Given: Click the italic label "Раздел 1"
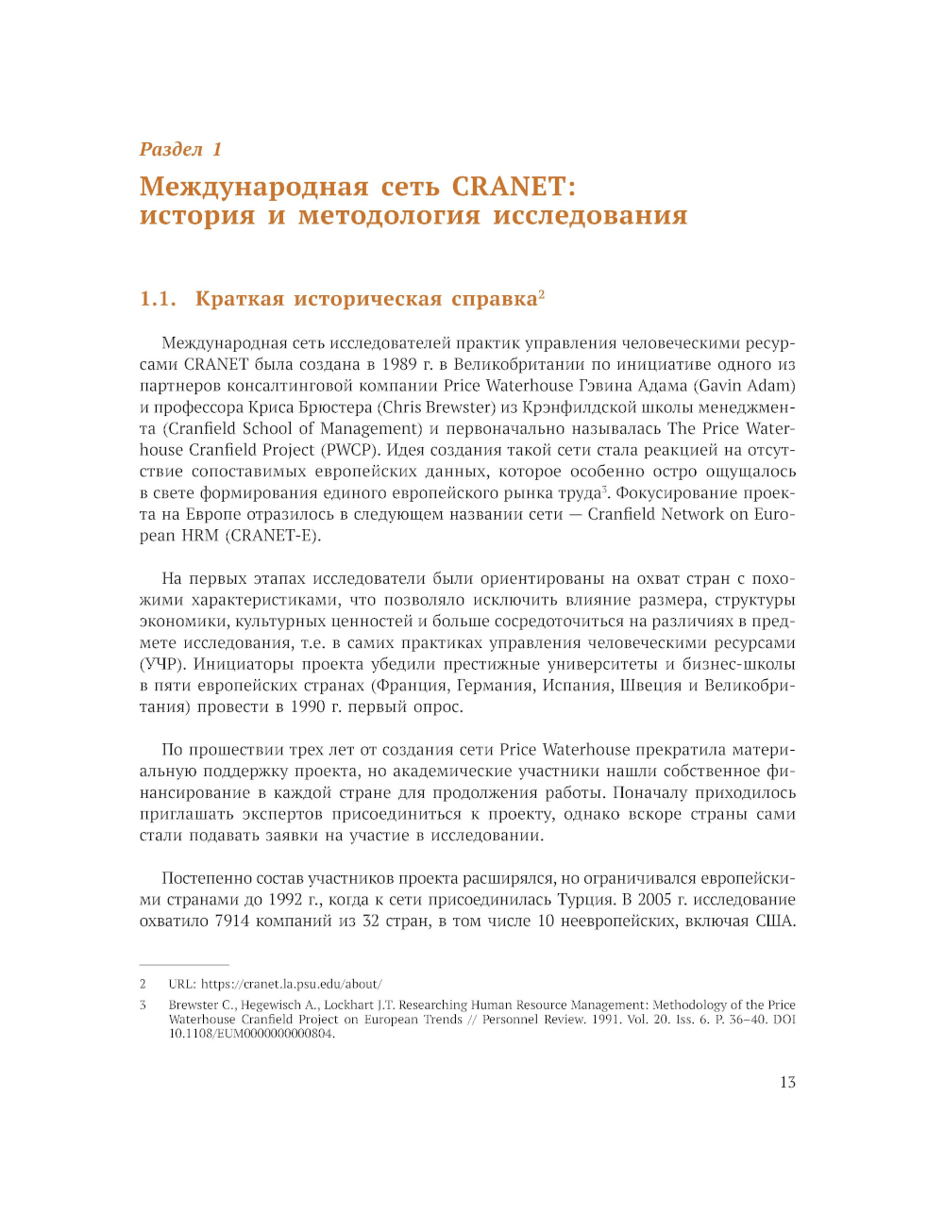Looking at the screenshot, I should (180, 149).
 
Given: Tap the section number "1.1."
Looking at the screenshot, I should (158, 299).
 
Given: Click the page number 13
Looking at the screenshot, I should (787, 1083).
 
